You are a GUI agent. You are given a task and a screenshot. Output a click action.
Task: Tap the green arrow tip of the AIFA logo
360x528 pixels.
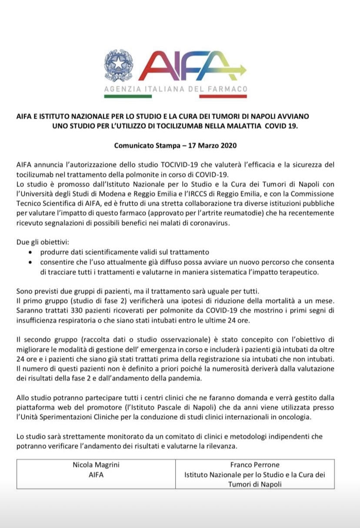tap(242, 69)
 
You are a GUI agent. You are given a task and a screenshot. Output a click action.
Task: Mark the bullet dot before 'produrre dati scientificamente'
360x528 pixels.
tap(29, 253)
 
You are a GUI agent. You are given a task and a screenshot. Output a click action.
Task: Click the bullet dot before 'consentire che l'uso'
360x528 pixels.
tap(29, 263)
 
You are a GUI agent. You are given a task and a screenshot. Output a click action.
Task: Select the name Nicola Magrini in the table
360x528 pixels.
tap(96, 465)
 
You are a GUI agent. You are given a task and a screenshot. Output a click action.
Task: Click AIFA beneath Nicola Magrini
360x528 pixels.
tap(96, 475)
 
